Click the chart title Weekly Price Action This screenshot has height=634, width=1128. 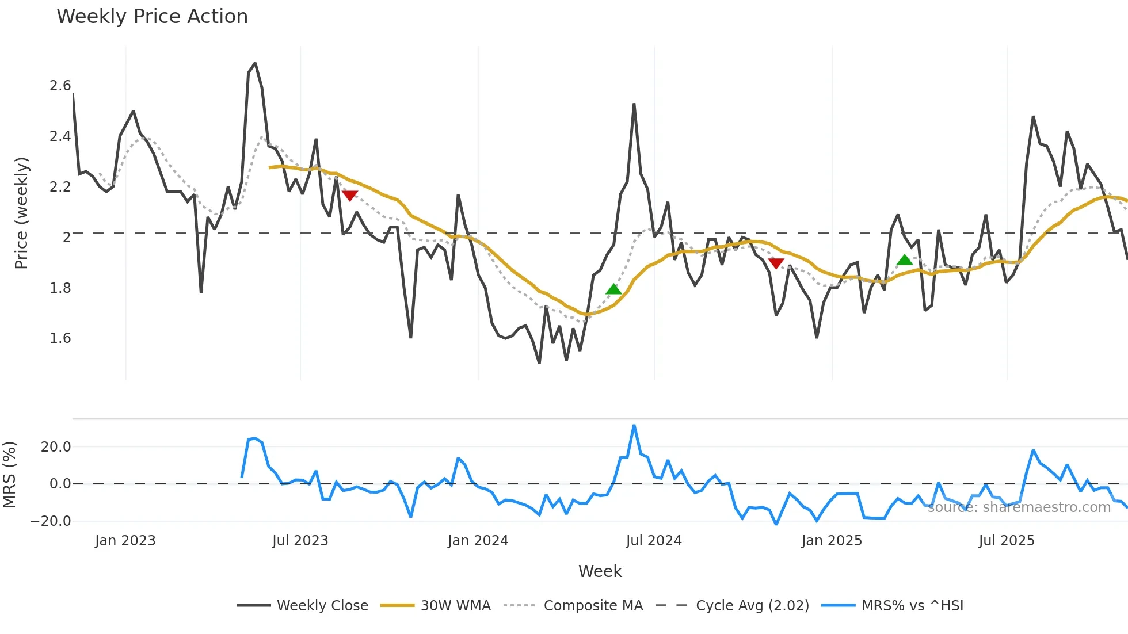(152, 16)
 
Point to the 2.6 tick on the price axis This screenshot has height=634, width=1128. (60, 86)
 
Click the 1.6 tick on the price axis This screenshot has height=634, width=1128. (60, 338)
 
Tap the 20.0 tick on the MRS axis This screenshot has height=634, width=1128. (56, 446)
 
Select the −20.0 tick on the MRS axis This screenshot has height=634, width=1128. (51, 521)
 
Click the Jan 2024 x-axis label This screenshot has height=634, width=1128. (478, 540)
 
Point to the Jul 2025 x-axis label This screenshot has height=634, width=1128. (1006, 540)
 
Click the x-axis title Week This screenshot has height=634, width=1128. (600, 571)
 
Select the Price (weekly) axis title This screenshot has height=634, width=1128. (21, 213)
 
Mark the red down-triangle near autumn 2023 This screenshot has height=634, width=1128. (350, 196)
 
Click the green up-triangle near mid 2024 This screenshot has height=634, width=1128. (614, 289)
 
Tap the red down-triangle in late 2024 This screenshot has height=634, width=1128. (776, 263)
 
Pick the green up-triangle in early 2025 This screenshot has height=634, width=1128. (905, 260)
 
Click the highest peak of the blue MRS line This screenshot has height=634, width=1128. (634, 426)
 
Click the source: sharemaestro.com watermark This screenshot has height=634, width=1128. (1019, 507)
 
